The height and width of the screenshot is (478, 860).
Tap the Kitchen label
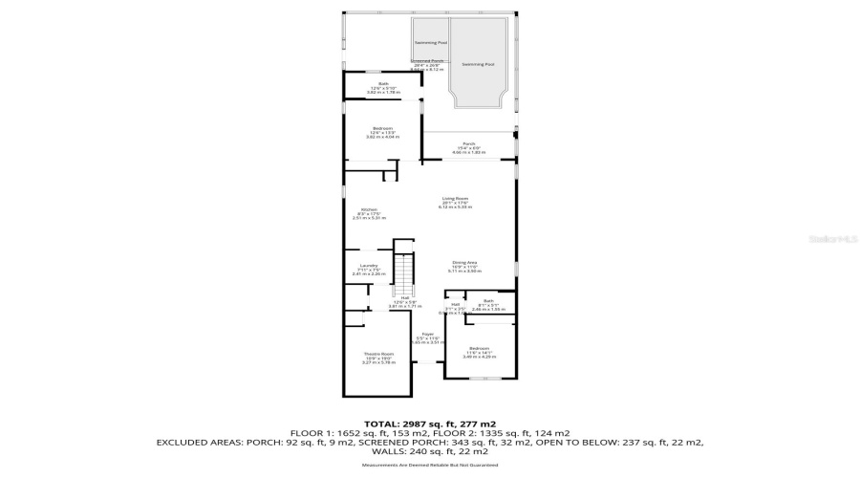click(x=369, y=209)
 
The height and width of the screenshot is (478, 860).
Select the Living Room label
click(x=454, y=199)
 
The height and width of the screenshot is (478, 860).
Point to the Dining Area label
click(x=465, y=263)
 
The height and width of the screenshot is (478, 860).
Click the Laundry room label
click(x=369, y=265)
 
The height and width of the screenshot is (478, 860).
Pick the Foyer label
click(x=428, y=334)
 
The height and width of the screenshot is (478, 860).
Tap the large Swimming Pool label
click(x=478, y=64)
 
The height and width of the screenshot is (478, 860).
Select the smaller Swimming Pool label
click(x=430, y=43)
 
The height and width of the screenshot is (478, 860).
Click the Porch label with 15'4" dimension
click(x=468, y=144)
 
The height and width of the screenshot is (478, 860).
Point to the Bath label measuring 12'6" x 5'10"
click(x=383, y=84)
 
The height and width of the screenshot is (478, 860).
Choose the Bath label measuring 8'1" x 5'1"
click(x=488, y=300)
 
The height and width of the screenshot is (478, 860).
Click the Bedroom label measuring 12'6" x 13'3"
click(x=382, y=128)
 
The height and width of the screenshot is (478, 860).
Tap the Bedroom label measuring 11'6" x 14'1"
click(x=479, y=348)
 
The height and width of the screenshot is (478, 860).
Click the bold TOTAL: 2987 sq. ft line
click(x=429, y=423)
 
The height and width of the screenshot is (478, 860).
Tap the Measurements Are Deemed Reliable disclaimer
click(x=429, y=466)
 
